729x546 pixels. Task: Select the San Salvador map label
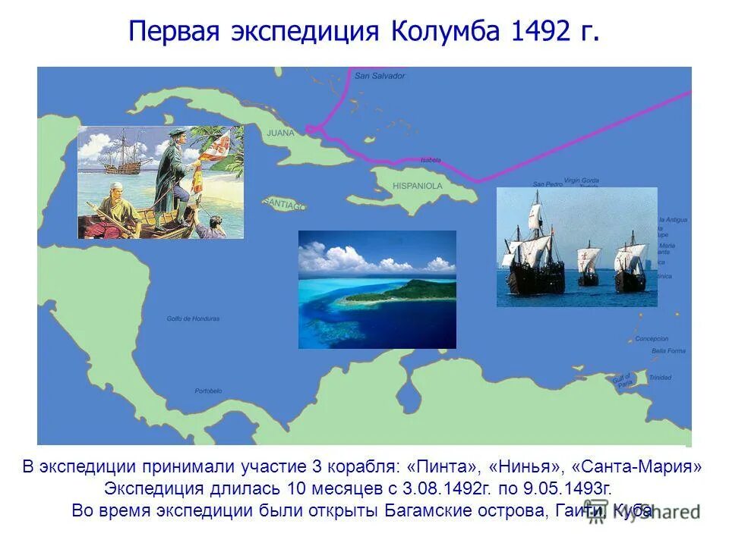pos(380,76)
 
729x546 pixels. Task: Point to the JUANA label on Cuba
pos(281,133)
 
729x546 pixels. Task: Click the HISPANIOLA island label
pos(417,185)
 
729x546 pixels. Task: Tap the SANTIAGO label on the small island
pos(284,205)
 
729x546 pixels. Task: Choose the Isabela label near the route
pos(430,160)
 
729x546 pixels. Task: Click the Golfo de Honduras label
pos(193,318)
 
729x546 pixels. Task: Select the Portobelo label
pos(208,391)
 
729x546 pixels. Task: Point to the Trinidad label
pos(660,378)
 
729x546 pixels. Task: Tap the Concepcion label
pos(652,338)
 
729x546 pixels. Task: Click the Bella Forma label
pos(668,350)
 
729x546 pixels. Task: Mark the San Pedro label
pos(548,184)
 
